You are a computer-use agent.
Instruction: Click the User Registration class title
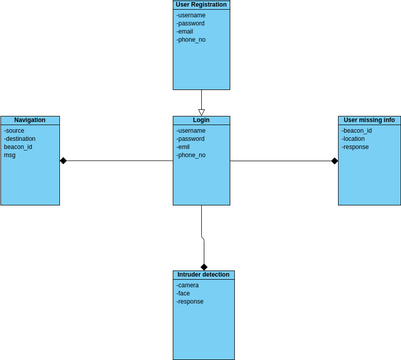[x=201, y=5]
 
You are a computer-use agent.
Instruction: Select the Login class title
[x=201, y=120]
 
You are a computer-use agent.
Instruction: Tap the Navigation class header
[x=30, y=120]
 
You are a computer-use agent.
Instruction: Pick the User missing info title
[x=369, y=120]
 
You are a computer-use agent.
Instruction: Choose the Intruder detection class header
[x=203, y=274]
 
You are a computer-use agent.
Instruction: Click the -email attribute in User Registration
[x=185, y=31]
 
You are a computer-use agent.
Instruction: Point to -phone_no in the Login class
[x=190, y=155]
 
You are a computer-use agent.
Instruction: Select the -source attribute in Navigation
[x=14, y=131]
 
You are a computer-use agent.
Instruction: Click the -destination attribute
[x=20, y=139]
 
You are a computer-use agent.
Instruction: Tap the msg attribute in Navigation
[x=9, y=155]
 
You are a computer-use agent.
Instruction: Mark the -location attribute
[x=353, y=139]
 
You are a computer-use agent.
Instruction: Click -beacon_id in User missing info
[x=357, y=131]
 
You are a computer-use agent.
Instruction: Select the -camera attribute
[x=187, y=285]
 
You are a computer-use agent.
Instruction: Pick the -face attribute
[x=183, y=293]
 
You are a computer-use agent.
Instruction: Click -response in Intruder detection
[x=190, y=301]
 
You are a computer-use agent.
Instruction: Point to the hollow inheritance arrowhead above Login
[x=201, y=112]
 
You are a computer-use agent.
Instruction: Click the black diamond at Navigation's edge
[x=63, y=160]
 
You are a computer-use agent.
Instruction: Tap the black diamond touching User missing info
[x=335, y=160]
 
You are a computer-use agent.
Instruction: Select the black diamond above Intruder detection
[x=204, y=266]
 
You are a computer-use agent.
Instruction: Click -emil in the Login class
[x=184, y=147]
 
